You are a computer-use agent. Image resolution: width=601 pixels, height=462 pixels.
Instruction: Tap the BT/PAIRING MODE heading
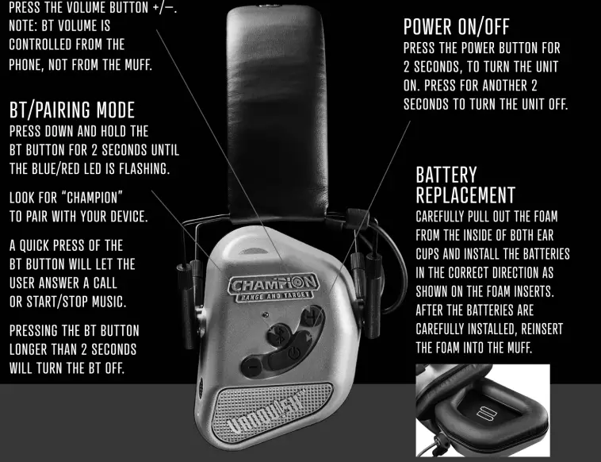pyautogui.click(x=71, y=110)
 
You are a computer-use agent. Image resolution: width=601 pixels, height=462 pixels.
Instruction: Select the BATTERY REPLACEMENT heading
pyautogui.click(x=465, y=184)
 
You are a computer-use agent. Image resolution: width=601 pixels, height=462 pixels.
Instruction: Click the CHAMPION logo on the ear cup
pyautogui.click(x=274, y=283)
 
